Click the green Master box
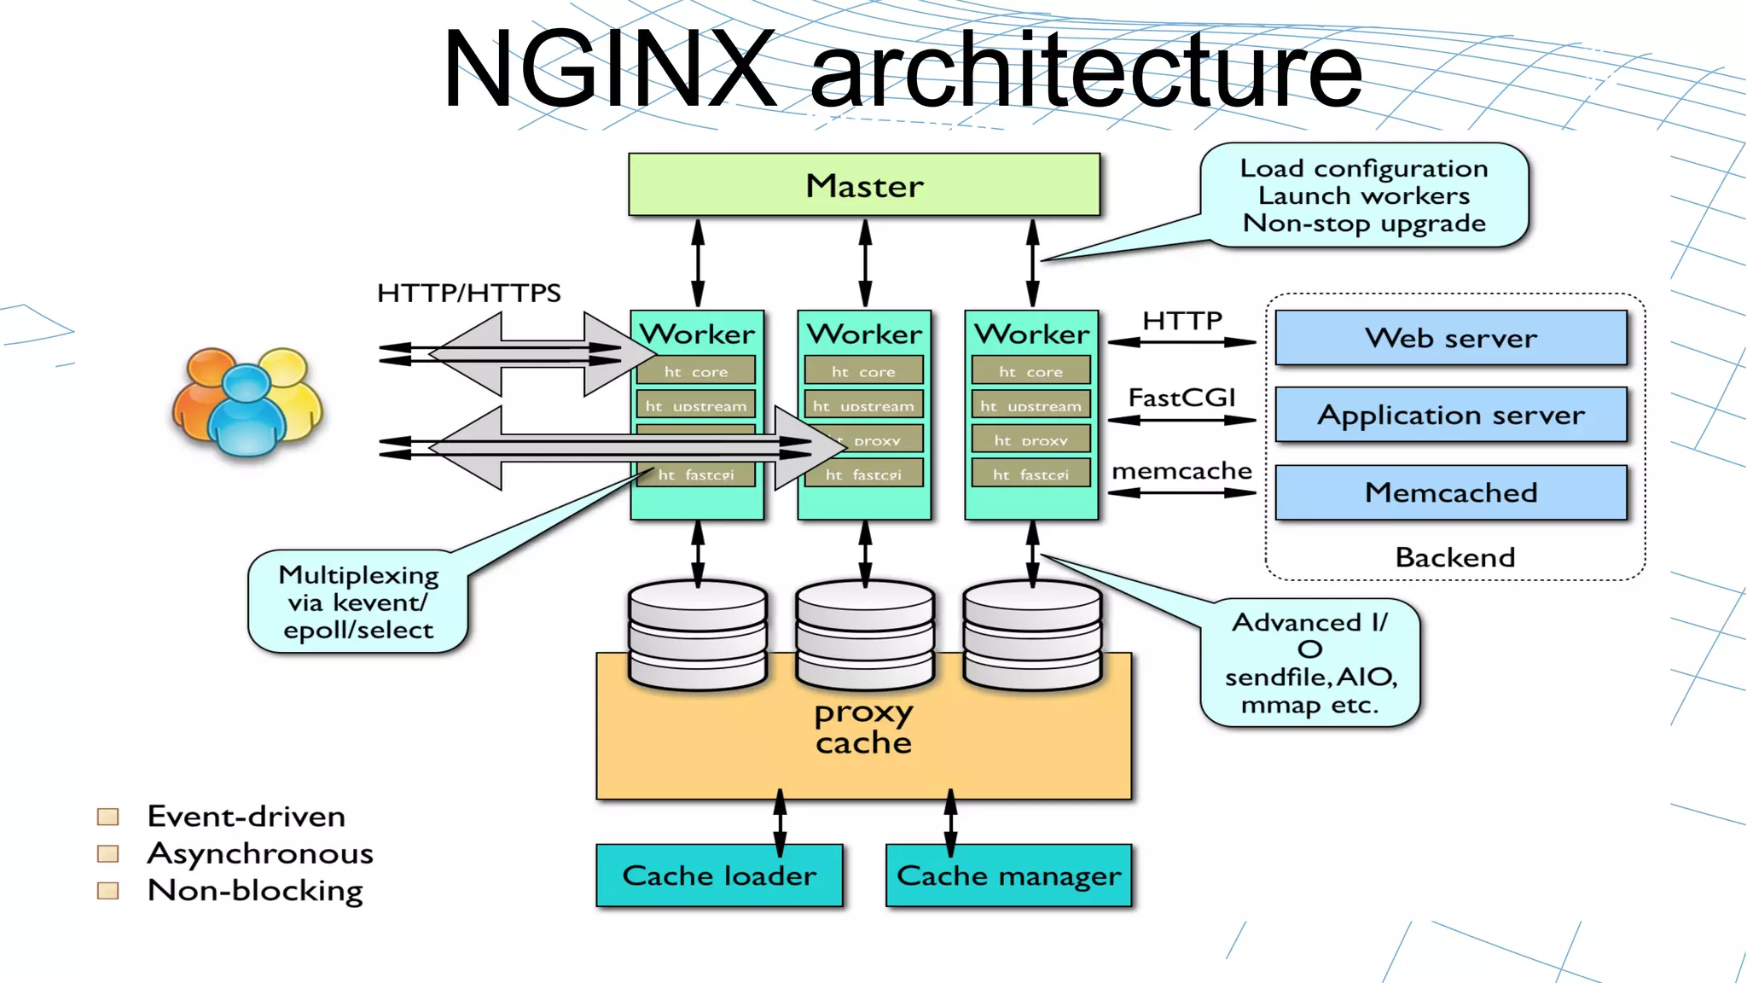pos(864,185)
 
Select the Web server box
pos(1450,338)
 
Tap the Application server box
pos(1450,415)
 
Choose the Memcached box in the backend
pos(1450,492)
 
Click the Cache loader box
pos(719,875)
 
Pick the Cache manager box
pos(1008,875)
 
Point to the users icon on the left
pos(247,401)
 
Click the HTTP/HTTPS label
pos(468,294)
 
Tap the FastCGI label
pos(1181,398)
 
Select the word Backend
pos(1454,557)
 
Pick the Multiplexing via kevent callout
pos(358,602)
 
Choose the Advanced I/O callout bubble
pos(1309,663)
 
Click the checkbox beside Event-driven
pos(108,817)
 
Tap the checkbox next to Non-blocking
pos(108,891)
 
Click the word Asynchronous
pos(260,853)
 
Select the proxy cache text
pos(863,727)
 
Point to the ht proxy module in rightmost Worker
pos(1030,440)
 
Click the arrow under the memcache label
pos(1181,492)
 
